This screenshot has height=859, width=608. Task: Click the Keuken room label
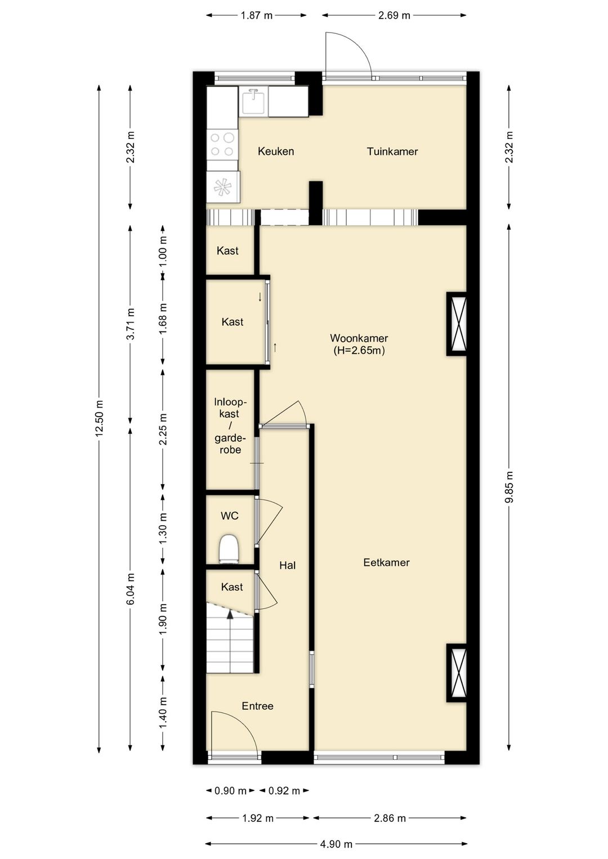pos(276,151)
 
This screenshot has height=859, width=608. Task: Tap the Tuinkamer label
pos(392,151)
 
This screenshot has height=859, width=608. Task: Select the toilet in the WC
pos(229,549)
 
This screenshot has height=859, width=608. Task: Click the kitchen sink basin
pos(253,101)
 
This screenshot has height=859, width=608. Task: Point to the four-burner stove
pos(222,144)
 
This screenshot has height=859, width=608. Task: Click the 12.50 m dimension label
pos(99,418)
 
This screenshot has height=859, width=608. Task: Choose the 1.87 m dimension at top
pos(256,15)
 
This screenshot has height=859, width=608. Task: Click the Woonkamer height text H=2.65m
pos(359,351)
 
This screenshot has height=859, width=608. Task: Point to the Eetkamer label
pos(386,562)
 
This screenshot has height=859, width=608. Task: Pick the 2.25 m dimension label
pos(163,429)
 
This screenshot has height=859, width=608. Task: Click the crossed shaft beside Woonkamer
pos(457,324)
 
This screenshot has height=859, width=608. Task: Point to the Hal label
pos(287,565)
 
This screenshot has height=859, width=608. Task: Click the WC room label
pos(229,516)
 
